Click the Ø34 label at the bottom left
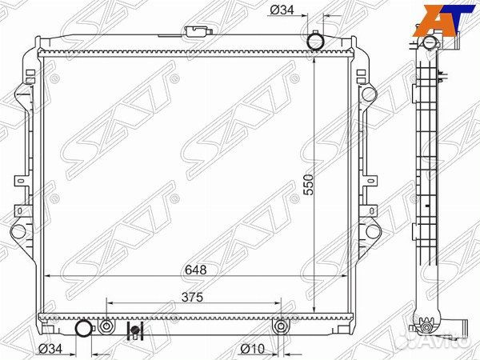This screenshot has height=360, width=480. point(52,349)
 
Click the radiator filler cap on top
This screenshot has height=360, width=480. point(194,34)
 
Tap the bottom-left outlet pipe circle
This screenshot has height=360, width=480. point(83,328)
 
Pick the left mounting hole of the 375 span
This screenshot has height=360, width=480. point(107,327)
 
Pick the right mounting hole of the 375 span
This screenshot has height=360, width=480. point(280,327)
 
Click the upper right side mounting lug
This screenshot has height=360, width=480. point(369,94)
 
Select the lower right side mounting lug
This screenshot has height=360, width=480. point(369,233)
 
